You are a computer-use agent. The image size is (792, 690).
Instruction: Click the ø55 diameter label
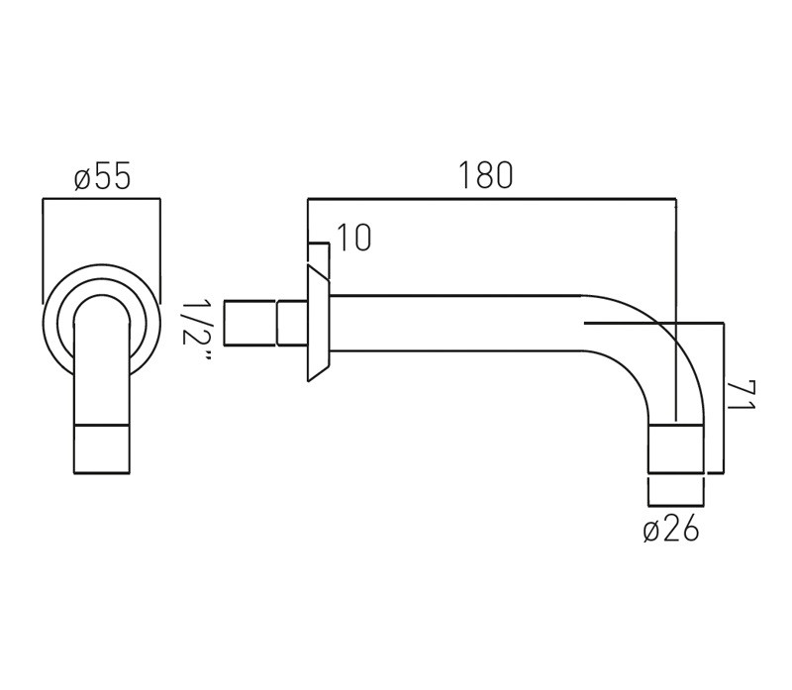[x=103, y=176]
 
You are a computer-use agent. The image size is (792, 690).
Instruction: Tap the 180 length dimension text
[x=485, y=175]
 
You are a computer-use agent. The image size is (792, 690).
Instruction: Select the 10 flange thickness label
[x=353, y=238]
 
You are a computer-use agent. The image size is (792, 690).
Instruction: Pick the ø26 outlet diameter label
[x=671, y=530]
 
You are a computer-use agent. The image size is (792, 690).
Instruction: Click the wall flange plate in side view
[x=318, y=323]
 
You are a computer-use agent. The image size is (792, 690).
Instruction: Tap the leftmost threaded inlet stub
[x=250, y=324]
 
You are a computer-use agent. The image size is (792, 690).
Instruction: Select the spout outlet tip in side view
[x=676, y=449]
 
